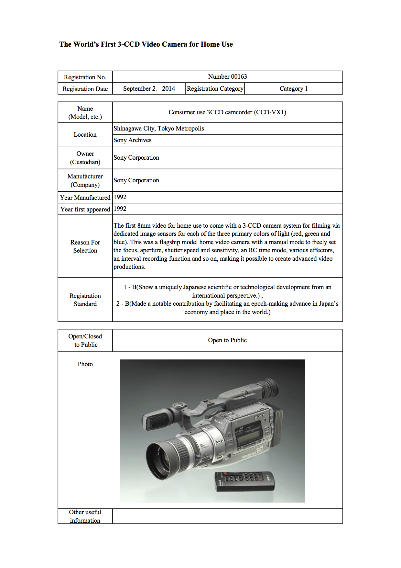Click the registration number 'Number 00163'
point(227,77)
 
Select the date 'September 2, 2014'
point(149,89)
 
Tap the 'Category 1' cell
point(294,89)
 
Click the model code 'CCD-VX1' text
point(270,112)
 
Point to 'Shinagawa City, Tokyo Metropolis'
point(159,129)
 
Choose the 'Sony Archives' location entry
point(133,140)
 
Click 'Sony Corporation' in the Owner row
point(136,158)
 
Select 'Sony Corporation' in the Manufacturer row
point(136,180)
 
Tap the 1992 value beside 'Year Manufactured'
point(120,197)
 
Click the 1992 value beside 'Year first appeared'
point(120,209)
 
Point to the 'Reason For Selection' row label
point(85,246)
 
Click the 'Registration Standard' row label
point(85,300)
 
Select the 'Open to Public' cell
point(227,340)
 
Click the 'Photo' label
point(85,364)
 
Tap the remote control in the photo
point(245,481)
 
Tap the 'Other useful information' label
point(85,516)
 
